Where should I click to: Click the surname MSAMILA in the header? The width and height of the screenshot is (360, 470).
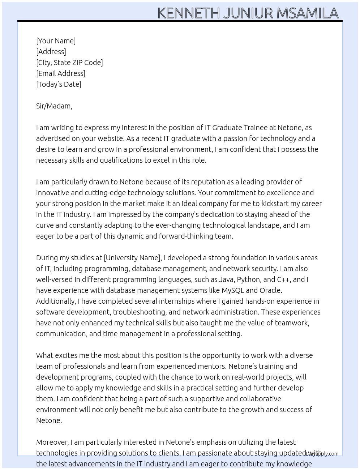pos(308,13)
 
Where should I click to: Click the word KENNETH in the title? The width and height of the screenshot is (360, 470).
pos(188,13)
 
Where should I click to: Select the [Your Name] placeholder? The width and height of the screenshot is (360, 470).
pos(56,41)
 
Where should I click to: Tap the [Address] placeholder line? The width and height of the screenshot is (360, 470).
pos(51,52)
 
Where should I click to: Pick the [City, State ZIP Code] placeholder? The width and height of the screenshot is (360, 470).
pos(69,63)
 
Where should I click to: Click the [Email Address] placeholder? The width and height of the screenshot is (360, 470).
pos(61,73)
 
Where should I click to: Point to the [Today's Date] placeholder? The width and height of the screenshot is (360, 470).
pos(59,84)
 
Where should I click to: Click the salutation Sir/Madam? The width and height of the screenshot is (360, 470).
pos(54,106)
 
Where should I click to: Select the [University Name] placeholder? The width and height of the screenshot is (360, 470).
pos(132,258)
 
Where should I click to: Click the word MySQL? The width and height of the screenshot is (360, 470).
pos(233,290)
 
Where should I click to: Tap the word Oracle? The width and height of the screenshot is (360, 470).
pos(271,290)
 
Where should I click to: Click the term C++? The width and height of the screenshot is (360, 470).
pos(284,279)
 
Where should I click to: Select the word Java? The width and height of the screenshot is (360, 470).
pos(227,279)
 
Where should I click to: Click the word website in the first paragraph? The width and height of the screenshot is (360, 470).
pos(108,138)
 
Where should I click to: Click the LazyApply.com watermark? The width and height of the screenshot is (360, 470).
pos(322,454)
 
